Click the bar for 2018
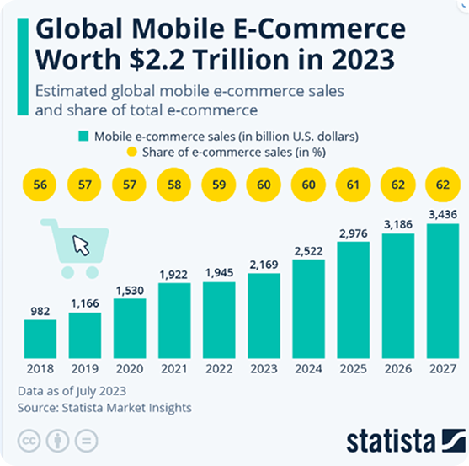point(40,339)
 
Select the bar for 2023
point(264,316)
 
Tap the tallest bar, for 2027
point(443,291)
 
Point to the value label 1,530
point(130,291)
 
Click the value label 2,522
point(308,251)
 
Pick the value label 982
point(40,312)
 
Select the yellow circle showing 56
point(40,185)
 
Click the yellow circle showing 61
point(353,185)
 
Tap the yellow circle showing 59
point(219,185)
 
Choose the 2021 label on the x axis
point(174,369)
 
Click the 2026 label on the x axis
point(397,369)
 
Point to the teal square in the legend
point(83,136)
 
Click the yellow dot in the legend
point(132,152)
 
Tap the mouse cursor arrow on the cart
point(81,245)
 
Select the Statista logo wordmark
point(391,441)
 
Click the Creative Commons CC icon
point(29,441)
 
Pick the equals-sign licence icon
point(86,441)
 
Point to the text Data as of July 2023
point(72,391)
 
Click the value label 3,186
point(397,224)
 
